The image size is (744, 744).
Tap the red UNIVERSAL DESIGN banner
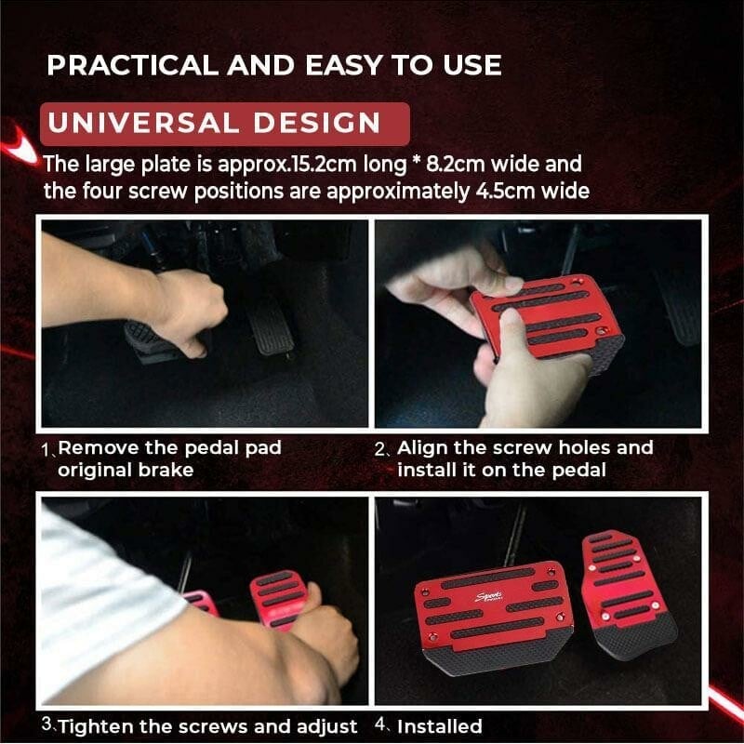coord(224,123)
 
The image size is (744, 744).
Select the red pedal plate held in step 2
coord(549,316)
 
